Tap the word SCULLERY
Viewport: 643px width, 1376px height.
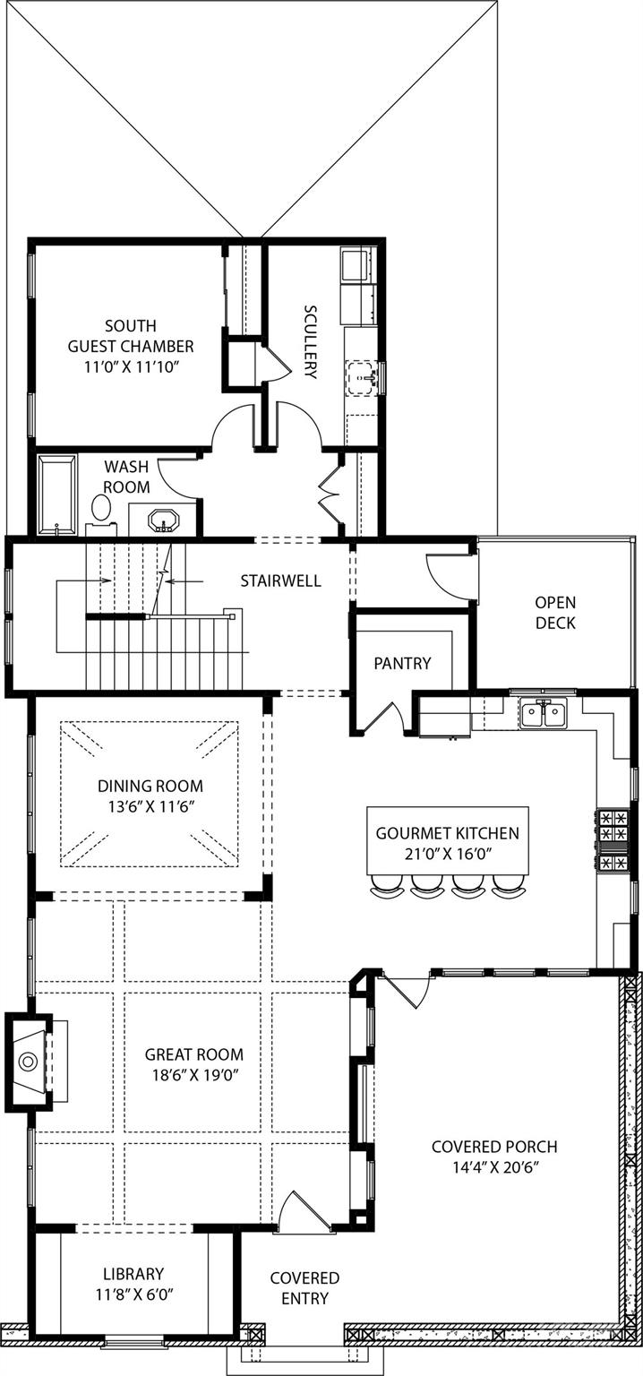click(x=311, y=342)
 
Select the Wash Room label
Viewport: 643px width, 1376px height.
click(x=126, y=477)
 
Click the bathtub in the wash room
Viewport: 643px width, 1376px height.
click(x=57, y=495)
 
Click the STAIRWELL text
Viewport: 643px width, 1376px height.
click(x=280, y=580)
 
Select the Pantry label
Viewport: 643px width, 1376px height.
click(x=402, y=664)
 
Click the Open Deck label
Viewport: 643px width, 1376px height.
click(x=555, y=613)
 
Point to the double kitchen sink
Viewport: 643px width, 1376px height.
click(x=544, y=713)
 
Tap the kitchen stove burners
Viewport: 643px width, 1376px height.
click(x=613, y=840)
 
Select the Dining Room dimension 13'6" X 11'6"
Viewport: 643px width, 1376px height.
click(x=150, y=806)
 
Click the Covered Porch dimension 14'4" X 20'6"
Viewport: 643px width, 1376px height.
click(x=494, y=1167)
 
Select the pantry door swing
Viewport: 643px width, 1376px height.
click(x=387, y=718)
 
